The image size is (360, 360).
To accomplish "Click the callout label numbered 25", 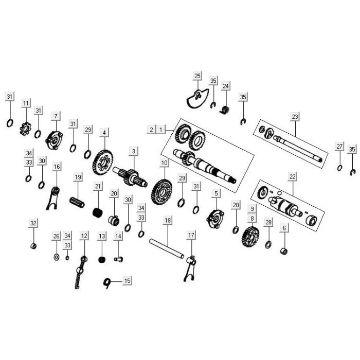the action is pyautogui.click(x=197, y=76).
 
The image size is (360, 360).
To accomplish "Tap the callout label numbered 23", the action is pyautogui.click(x=295, y=117).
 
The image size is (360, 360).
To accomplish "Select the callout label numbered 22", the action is pyautogui.click(x=292, y=176).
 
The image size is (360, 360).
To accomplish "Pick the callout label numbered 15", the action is pyautogui.click(x=127, y=281).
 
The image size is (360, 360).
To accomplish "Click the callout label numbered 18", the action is pyautogui.click(x=168, y=220).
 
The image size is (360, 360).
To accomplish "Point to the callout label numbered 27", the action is pyautogui.click(x=339, y=146).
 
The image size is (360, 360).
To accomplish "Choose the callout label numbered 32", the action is pyautogui.click(x=33, y=223).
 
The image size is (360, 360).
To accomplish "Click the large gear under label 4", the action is pyautogui.click(x=103, y=163).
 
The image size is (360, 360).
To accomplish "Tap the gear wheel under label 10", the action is pyautogui.click(x=161, y=192).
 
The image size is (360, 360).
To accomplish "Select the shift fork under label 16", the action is pyautogui.click(x=53, y=198).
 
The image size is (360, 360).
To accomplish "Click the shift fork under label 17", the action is pyautogui.click(x=190, y=268).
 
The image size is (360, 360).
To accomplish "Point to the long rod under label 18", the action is pyautogui.click(x=167, y=248).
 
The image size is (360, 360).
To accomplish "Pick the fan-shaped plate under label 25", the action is pyautogui.click(x=197, y=98).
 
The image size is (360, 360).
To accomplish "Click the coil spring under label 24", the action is pyautogui.click(x=225, y=110).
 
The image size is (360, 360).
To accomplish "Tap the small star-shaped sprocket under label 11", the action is pyautogui.click(x=25, y=129).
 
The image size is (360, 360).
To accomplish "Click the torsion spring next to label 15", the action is pyautogui.click(x=107, y=283).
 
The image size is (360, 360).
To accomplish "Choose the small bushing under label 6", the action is pyautogui.click(x=284, y=251).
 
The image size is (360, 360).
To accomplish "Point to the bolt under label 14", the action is pyautogui.click(x=118, y=259).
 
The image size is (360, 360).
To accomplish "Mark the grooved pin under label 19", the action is pyautogui.click(x=77, y=202).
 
